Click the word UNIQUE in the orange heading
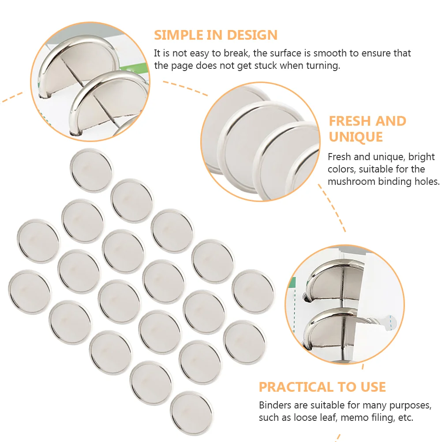(355, 137)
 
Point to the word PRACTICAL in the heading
(296, 387)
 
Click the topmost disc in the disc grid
(91, 170)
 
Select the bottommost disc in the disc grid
(191, 412)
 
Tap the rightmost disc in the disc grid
(253, 291)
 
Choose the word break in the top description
(236, 53)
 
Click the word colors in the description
(342, 169)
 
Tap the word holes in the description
(425, 181)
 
